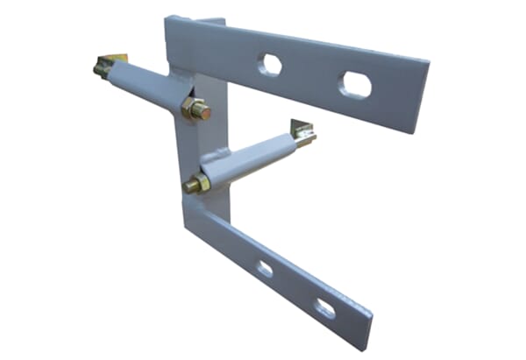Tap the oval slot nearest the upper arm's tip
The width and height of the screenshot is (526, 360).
(x=355, y=84)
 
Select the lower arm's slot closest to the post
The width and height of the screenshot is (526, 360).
(x=265, y=269)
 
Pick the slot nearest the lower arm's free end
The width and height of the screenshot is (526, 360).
(x=324, y=307)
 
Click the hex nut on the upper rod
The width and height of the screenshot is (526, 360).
(x=195, y=109)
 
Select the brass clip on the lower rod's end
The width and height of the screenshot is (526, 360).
(x=303, y=132)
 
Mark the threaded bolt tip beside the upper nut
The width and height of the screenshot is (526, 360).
(x=204, y=112)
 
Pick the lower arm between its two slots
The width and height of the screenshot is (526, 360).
(x=294, y=288)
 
